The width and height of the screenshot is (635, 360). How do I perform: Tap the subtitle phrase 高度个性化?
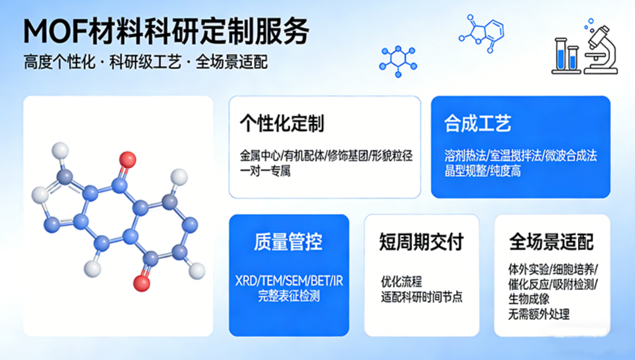[x=59, y=62]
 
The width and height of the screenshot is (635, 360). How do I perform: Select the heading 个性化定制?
[x=282, y=123]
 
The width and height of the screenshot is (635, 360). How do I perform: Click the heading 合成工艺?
[x=477, y=123]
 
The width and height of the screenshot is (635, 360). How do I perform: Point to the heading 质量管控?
[x=288, y=242]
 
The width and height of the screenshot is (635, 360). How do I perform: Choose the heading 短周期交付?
[x=421, y=242]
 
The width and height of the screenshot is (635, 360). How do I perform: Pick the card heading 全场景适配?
[x=551, y=242]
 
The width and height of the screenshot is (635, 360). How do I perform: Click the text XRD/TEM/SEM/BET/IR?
[x=289, y=281]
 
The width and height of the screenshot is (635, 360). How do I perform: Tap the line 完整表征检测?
[x=289, y=295]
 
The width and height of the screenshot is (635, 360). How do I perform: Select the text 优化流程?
[x=401, y=282]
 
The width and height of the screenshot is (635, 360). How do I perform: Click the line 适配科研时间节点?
[x=421, y=297]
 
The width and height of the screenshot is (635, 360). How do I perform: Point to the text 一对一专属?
[x=265, y=171]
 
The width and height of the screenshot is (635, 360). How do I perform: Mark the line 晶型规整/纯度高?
[x=482, y=171]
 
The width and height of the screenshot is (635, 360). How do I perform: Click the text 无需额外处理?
[x=538, y=314]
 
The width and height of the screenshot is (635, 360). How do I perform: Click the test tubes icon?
[x=566, y=56]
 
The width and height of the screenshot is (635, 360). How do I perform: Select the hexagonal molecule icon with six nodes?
[x=398, y=61]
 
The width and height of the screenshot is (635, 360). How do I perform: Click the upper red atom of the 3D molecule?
[x=127, y=159]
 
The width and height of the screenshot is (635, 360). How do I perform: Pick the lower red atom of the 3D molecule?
[x=141, y=283]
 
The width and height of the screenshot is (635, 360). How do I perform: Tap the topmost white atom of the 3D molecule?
[x=60, y=150]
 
